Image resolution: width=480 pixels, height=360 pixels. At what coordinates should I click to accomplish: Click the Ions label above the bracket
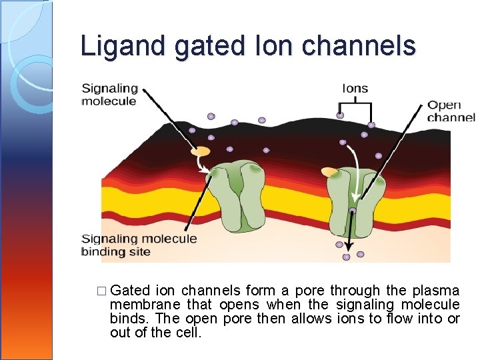(x=355, y=88)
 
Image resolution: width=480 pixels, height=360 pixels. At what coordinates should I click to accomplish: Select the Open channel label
(x=451, y=111)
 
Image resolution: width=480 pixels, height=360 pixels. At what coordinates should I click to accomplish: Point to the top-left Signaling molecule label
(x=109, y=95)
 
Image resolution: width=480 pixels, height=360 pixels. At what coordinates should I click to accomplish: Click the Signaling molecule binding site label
(x=139, y=245)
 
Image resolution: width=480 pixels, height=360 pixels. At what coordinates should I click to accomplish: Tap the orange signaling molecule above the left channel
(x=200, y=152)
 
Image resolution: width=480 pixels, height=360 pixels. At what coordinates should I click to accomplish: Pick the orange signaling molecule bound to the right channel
(x=330, y=173)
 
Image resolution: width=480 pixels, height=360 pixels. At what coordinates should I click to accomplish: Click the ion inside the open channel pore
(x=353, y=211)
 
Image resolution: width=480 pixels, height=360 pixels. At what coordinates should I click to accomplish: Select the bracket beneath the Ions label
(x=355, y=105)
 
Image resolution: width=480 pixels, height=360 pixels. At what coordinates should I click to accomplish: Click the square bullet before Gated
(x=101, y=291)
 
